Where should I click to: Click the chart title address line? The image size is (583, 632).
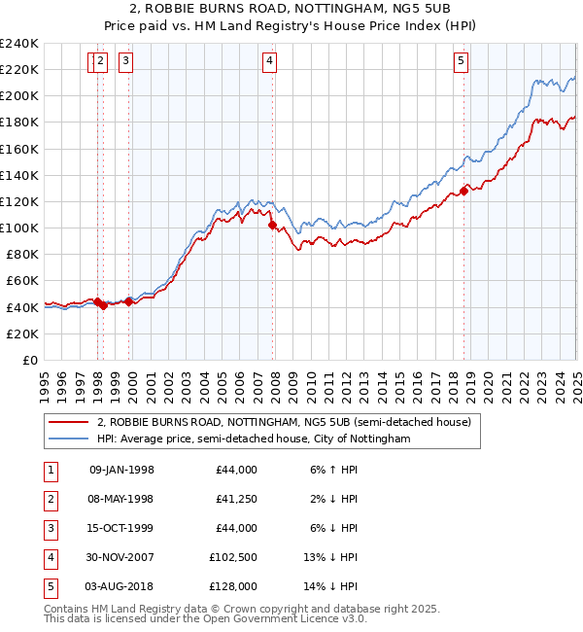coord(291,9)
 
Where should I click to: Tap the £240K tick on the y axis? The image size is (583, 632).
coord(19,44)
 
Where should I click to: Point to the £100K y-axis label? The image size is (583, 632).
coord(19,228)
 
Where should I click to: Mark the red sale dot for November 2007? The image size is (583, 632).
coord(272,226)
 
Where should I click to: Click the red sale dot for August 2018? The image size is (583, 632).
coord(463,191)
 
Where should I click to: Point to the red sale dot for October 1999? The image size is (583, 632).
coord(129,301)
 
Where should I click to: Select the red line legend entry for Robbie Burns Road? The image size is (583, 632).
coord(284,422)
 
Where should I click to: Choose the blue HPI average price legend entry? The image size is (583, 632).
coord(254,439)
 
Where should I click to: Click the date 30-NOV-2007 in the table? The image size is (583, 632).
coord(121,559)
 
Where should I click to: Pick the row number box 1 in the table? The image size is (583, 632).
coord(50,470)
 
